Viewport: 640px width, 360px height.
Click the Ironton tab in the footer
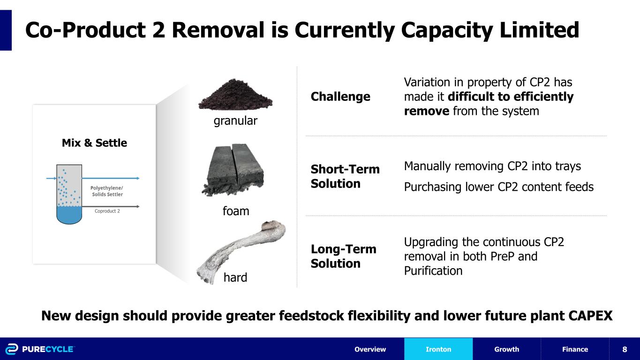[438, 349]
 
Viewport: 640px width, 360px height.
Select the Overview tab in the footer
[370, 349]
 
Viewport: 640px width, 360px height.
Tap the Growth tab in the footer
[506, 349]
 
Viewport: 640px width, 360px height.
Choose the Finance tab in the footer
[575, 349]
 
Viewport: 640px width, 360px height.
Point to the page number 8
[625, 349]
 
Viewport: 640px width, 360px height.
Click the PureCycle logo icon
[11, 349]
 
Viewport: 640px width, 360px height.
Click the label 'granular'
[235, 121]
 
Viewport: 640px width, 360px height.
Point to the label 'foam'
[235, 211]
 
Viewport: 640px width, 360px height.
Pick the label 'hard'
[235, 278]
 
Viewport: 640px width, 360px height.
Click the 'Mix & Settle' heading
[94, 143]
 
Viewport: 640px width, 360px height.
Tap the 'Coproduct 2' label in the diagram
[107, 211]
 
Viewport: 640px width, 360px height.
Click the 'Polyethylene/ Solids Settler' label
[106, 191]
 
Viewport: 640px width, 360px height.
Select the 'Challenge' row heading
[340, 97]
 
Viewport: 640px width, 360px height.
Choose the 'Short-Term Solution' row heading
[345, 176]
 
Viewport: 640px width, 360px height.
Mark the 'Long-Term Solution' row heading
[343, 256]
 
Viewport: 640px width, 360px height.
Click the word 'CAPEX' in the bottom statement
[589, 316]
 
